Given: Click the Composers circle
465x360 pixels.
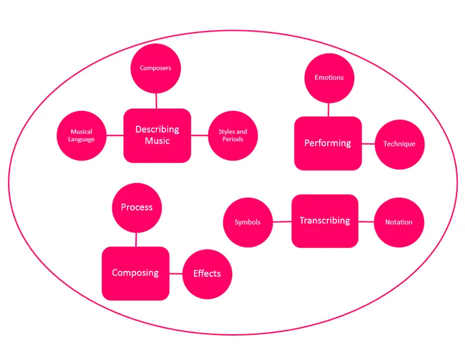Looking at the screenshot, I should point(155,68).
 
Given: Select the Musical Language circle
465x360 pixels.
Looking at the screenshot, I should point(81,136).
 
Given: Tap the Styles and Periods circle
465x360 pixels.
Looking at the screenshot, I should point(233,136).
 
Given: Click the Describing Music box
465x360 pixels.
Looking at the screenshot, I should point(157,136).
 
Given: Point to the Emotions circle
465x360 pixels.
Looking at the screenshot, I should point(329,78).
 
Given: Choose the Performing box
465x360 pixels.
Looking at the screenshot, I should point(328,143).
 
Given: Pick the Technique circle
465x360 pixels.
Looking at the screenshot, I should point(399,144).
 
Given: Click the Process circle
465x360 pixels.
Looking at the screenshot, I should point(137,208).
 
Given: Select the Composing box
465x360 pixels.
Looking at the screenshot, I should point(135,273).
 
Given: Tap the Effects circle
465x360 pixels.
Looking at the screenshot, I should point(207,273).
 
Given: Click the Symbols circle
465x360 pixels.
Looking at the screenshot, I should point(248,222).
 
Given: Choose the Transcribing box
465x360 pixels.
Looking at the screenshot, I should point(324,221).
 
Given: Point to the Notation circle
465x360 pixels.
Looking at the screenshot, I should point(399,222).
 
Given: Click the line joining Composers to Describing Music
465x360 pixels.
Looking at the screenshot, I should point(156,101).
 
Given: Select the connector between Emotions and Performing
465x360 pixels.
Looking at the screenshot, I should point(329,109).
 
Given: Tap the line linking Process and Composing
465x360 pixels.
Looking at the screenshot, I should point(137,239).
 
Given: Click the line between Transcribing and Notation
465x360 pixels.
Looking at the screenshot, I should point(366,222).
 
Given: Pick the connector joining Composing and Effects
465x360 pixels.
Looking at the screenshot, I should point(176,273).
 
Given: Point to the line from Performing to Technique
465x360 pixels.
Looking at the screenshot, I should point(368,144).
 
